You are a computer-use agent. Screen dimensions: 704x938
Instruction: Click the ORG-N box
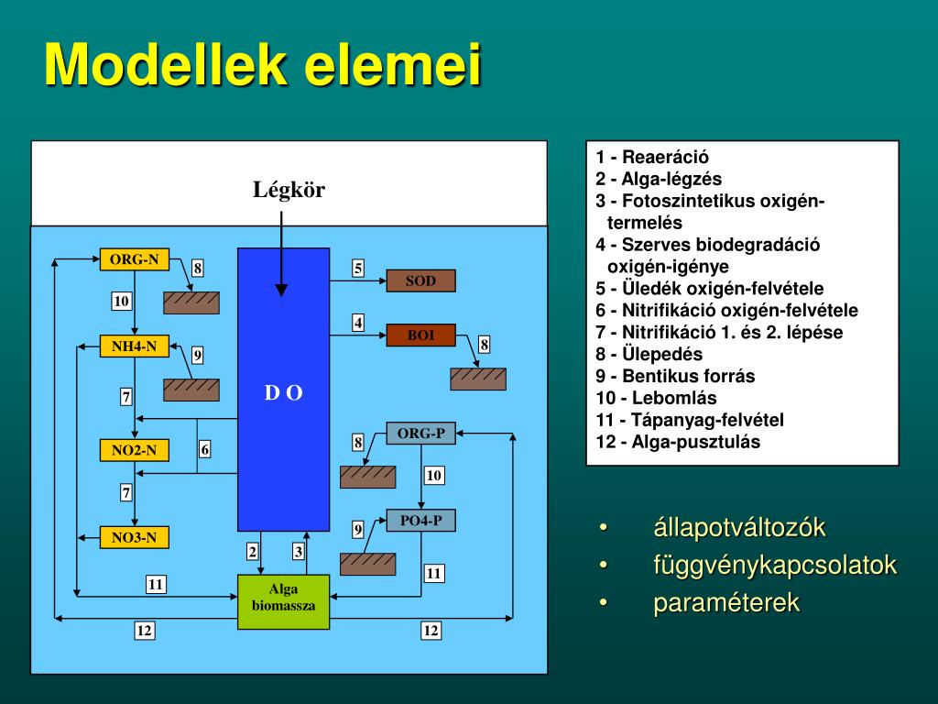tap(134, 259)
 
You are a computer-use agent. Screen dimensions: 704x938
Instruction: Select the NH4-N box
tap(134, 346)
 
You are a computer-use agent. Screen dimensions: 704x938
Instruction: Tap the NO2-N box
tap(134, 450)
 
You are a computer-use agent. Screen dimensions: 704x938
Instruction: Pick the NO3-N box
tap(134, 537)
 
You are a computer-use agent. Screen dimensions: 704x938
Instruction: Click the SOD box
tap(420, 280)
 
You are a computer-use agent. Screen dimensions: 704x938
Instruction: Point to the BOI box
tap(420, 335)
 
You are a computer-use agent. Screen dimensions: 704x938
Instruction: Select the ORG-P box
tap(420, 434)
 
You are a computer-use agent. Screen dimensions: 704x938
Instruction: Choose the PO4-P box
tap(420, 521)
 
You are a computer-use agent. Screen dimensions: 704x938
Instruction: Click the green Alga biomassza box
tap(283, 601)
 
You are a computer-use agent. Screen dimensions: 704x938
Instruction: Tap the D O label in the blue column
tap(283, 393)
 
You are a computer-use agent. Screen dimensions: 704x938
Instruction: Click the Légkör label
tap(289, 191)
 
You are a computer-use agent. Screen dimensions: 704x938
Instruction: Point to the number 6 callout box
tap(205, 449)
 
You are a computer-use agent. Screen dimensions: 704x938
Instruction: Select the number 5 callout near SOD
tap(358, 269)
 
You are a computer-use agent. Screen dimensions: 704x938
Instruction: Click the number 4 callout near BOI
tap(358, 323)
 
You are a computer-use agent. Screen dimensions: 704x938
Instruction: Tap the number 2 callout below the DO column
tap(252, 552)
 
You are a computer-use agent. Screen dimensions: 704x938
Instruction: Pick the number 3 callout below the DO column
tap(298, 552)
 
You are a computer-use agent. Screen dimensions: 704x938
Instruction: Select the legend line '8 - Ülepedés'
tap(649, 354)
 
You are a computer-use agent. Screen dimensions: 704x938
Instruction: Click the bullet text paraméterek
tap(725, 603)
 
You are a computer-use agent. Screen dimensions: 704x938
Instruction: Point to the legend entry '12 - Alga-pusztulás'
tap(678, 442)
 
